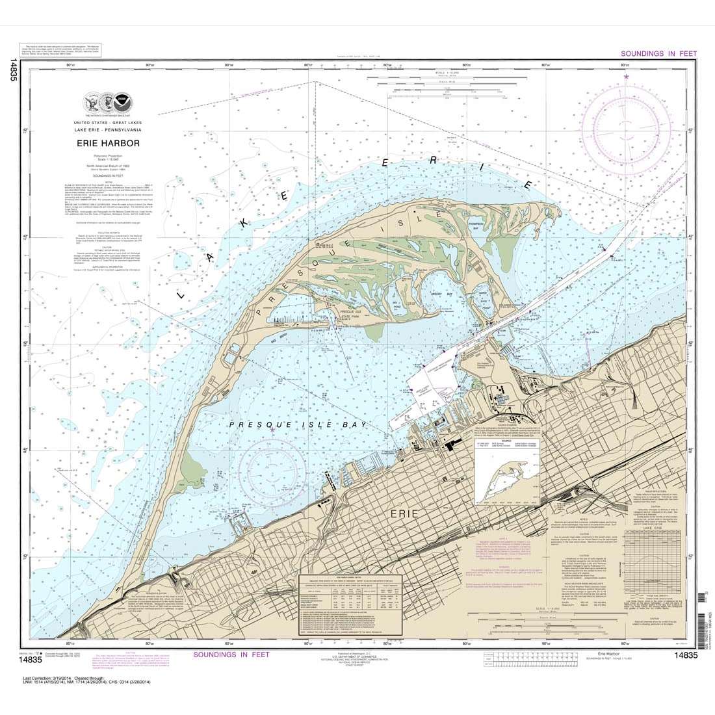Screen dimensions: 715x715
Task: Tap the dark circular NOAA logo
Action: (121, 103)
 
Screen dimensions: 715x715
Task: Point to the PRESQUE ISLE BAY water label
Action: (298, 424)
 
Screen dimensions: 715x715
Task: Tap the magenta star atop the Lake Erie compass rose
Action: (626, 77)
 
